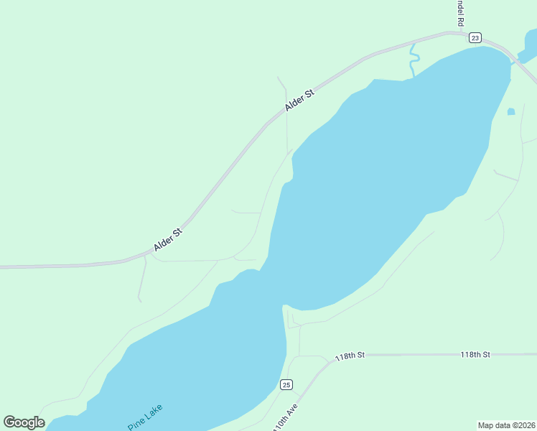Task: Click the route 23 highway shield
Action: click(475, 37)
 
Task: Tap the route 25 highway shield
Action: click(286, 385)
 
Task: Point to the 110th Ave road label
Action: click(285, 417)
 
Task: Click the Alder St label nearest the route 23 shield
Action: click(299, 100)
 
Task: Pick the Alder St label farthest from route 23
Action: click(168, 238)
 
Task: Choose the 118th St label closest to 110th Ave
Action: click(351, 356)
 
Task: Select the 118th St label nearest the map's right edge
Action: click(475, 355)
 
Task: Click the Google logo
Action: click(24, 422)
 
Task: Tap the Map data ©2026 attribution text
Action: click(505, 425)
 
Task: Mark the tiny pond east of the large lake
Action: click(511, 111)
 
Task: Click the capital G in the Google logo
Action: click(9, 422)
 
